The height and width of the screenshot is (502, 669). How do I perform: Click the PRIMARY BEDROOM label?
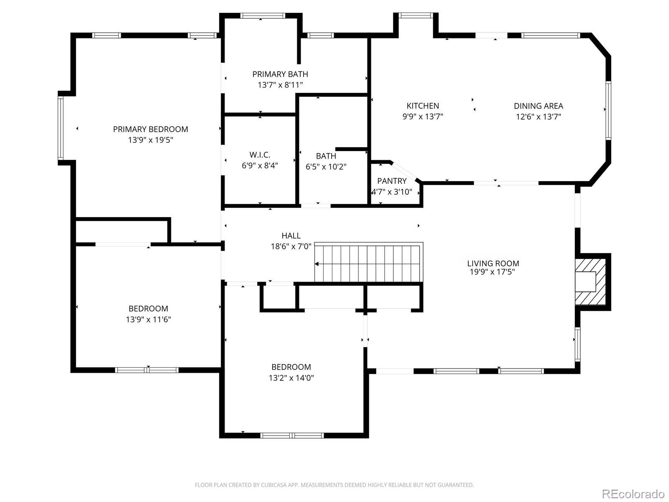point(151,129)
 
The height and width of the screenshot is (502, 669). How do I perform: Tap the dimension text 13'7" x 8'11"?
point(281,85)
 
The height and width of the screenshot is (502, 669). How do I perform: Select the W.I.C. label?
point(260,155)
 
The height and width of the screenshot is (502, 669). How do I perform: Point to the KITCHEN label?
point(423,106)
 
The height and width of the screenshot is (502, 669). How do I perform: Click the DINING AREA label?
point(539,106)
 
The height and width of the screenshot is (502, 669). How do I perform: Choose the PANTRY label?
point(392,181)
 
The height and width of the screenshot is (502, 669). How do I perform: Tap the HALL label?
point(291,236)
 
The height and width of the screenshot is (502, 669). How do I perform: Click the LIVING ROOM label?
point(493,263)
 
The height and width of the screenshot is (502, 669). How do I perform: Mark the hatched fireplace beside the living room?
point(590,282)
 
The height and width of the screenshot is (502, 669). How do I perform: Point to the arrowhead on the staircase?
point(317,264)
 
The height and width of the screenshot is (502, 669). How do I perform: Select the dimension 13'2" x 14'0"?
point(291,378)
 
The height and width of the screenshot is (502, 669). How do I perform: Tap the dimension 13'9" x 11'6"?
point(148,320)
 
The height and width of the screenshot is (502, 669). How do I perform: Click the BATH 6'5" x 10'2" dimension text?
point(326,167)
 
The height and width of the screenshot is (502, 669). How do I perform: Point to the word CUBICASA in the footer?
point(274,484)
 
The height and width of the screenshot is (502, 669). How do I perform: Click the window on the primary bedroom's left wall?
point(61,128)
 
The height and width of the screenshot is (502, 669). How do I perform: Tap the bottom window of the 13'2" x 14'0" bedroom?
point(292,435)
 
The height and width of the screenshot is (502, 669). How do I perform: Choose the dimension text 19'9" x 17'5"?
point(492,272)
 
